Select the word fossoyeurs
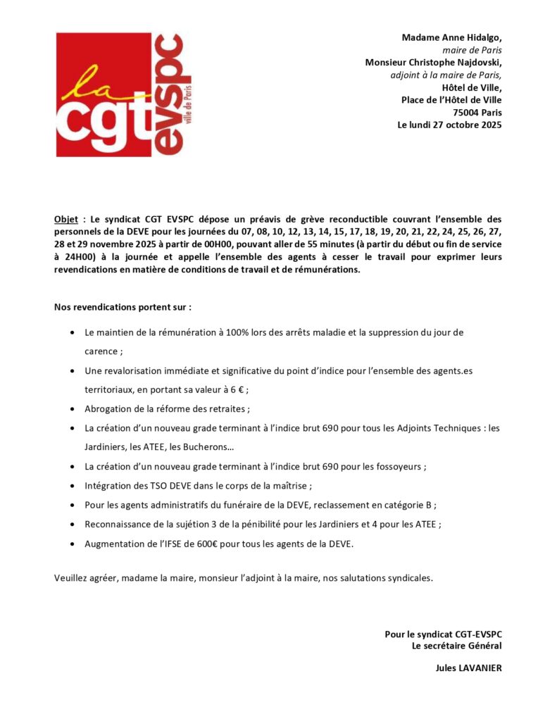click(x=401, y=465)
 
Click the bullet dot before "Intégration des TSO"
click(x=75, y=485)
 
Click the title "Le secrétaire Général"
click(x=456, y=645)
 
